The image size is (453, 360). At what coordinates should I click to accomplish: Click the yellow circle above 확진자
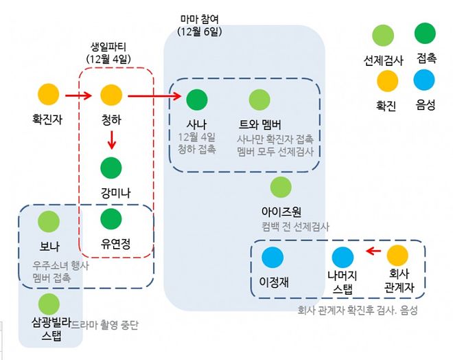coord(48,94)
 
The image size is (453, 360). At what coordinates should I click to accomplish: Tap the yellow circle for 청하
coord(111,94)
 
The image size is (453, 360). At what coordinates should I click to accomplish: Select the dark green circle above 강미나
coord(111,168)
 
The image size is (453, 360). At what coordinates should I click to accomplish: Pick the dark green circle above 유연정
coord(111,219)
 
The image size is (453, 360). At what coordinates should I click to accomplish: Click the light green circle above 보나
coord(49,221)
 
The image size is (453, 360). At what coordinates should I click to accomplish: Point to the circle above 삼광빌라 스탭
coord(49,303)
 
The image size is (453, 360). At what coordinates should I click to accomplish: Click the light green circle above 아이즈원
coord(281,186)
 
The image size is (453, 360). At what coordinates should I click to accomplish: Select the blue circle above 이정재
coord(272,257)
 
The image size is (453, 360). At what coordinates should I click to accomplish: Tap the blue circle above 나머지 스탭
coord(342,257)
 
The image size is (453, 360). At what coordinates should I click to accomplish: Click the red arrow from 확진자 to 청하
coord(80,94)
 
